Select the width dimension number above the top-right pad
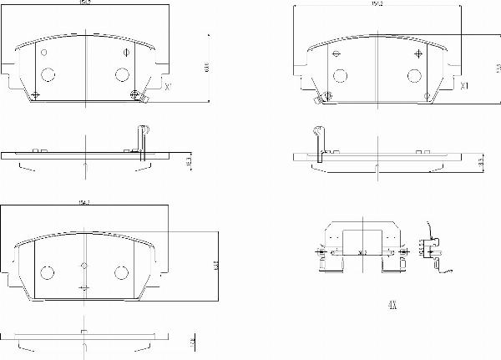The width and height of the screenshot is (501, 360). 377,6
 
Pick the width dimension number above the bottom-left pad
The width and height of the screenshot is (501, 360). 83,203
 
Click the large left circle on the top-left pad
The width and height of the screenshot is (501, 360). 48,74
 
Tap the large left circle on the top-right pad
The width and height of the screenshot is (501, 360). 340,74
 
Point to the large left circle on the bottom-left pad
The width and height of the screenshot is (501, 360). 48,272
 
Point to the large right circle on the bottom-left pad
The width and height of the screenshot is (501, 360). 120,272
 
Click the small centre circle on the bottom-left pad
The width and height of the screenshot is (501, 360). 83,266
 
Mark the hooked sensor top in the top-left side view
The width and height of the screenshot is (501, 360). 142,129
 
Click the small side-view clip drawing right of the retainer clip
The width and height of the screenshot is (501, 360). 432,251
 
